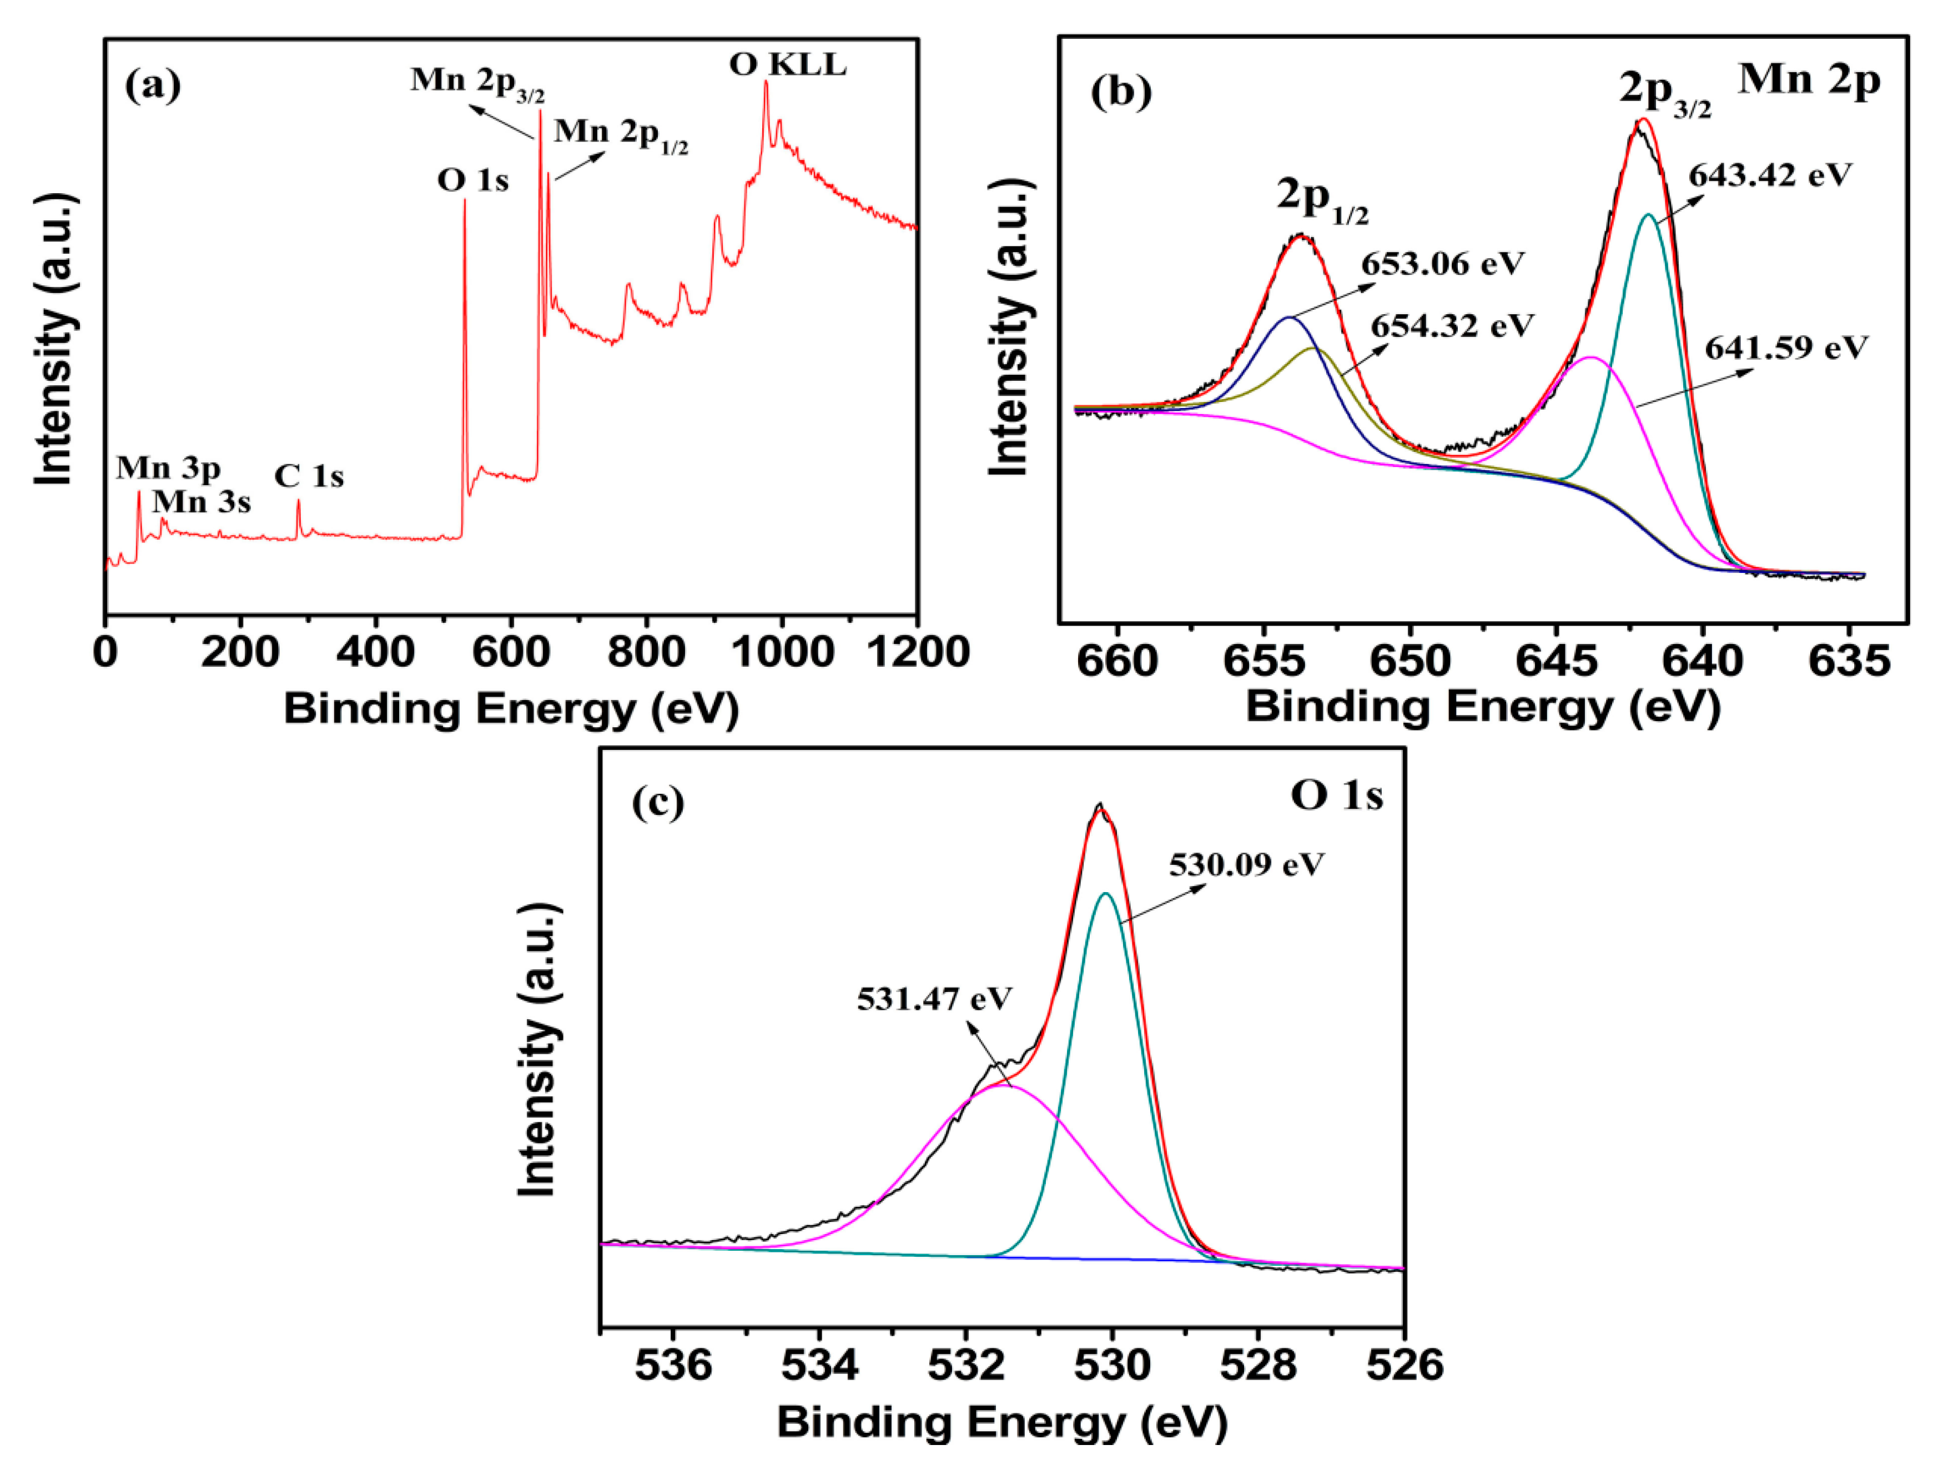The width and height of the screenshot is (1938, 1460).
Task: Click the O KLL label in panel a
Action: click(x=788, y=66)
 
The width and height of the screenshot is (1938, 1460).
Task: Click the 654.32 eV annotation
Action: click(x=1452, y=326)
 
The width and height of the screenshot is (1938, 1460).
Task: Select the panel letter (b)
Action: click(x=1121, y=92)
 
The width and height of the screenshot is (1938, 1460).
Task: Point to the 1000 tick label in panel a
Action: click(x=782, y=653)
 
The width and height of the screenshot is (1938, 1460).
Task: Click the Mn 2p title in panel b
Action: click(x=1808, y=80)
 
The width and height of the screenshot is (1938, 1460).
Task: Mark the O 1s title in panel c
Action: click(x=1336, y=796)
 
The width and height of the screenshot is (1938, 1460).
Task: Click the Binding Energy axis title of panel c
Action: click(x=1001, y=1421)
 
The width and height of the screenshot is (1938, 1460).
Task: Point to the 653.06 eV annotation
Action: click(x=1442, y=263)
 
